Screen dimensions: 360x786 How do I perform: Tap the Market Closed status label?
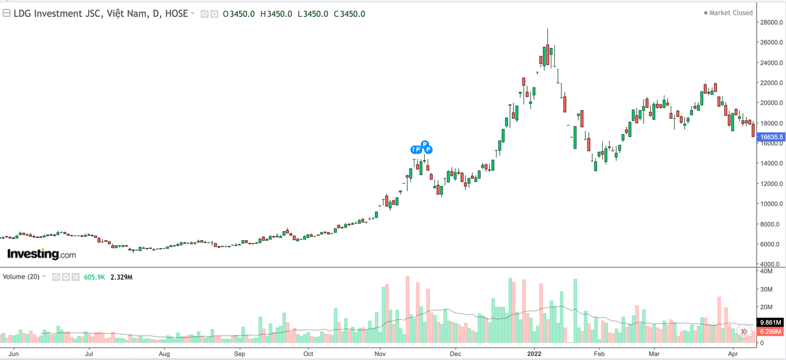(731, 13)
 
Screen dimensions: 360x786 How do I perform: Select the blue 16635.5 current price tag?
(771, 137)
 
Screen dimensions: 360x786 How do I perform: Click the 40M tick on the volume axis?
(766, 271)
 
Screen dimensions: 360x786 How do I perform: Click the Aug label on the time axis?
(164, 354)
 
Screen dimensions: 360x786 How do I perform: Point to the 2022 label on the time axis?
(535, 354)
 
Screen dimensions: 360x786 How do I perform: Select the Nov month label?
(380, 354)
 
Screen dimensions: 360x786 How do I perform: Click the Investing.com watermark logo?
(41, 254)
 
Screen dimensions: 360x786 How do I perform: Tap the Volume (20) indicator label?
(21, 277)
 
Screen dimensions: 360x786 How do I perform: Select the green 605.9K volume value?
(94, 277)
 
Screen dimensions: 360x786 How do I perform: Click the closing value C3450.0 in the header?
(349, 14)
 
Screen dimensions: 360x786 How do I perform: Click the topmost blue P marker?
(425, 144)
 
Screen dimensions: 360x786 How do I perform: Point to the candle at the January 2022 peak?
(547, 54)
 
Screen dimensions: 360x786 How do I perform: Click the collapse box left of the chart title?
(6, 13)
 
